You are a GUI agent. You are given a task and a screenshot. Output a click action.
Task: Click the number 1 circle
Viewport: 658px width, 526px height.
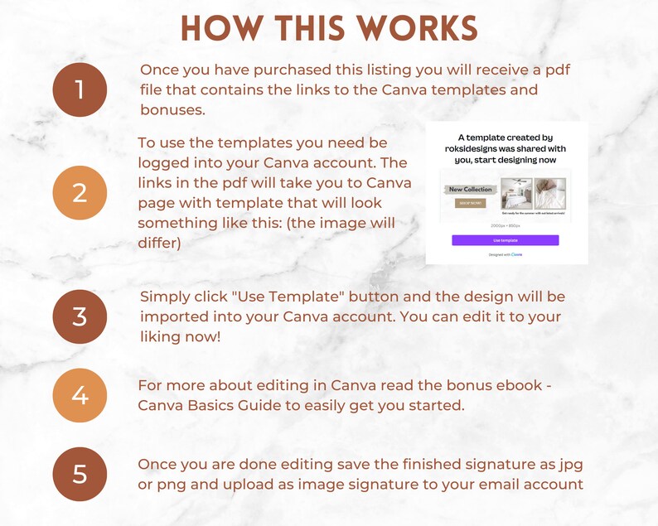80,89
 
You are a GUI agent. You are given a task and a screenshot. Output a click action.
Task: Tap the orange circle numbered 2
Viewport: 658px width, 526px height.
80,193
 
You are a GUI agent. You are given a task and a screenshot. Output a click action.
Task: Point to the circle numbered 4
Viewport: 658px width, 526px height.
80,395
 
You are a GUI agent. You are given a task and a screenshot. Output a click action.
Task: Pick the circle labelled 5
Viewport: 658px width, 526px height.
80,475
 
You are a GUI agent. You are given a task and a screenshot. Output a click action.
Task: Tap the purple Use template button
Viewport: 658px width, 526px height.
505,240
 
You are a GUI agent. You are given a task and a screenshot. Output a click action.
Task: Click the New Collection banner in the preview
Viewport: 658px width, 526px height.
470,190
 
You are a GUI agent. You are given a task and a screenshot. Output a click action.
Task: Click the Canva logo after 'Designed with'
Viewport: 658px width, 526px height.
516,254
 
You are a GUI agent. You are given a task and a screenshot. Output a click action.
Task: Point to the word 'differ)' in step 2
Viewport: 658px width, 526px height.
161,244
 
